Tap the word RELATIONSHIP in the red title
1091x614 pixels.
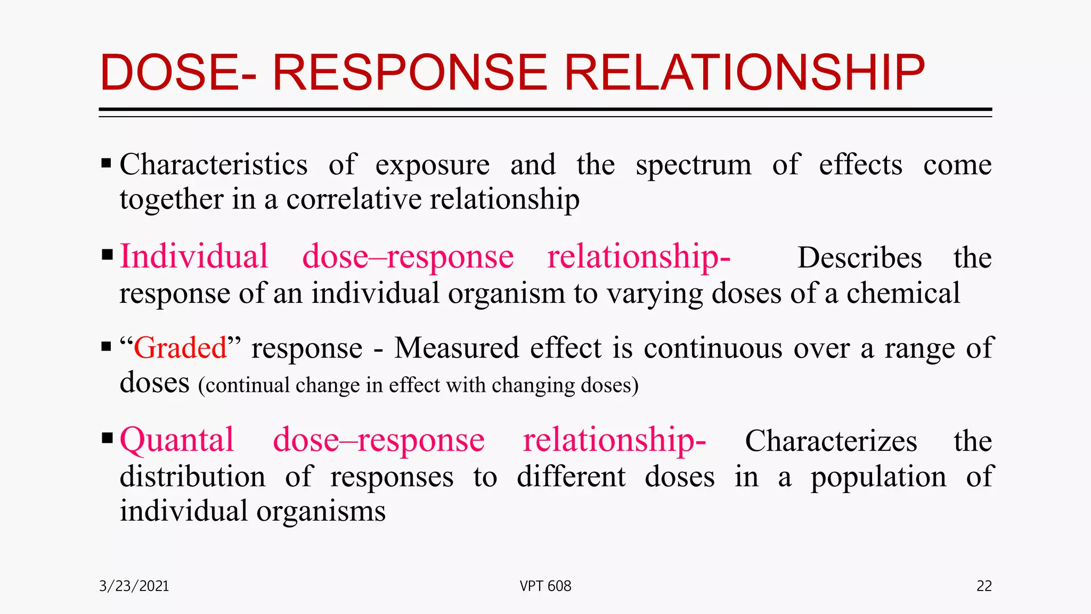[744, 73]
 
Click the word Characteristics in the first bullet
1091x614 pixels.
[214, 164]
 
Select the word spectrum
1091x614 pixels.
[694, 165]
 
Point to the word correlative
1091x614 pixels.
[353, 199]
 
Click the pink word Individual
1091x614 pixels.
[194, 256]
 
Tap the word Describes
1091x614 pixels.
[859, 258]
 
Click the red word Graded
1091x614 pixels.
[180, 348]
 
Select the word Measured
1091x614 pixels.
[457, 348]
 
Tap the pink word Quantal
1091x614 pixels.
[177, 440]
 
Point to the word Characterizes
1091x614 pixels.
[831, 441]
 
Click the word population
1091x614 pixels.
[878, 477]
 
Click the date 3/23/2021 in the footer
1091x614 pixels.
[134, 586]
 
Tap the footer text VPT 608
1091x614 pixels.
[545, 586]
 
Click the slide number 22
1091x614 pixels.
[984, 586]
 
